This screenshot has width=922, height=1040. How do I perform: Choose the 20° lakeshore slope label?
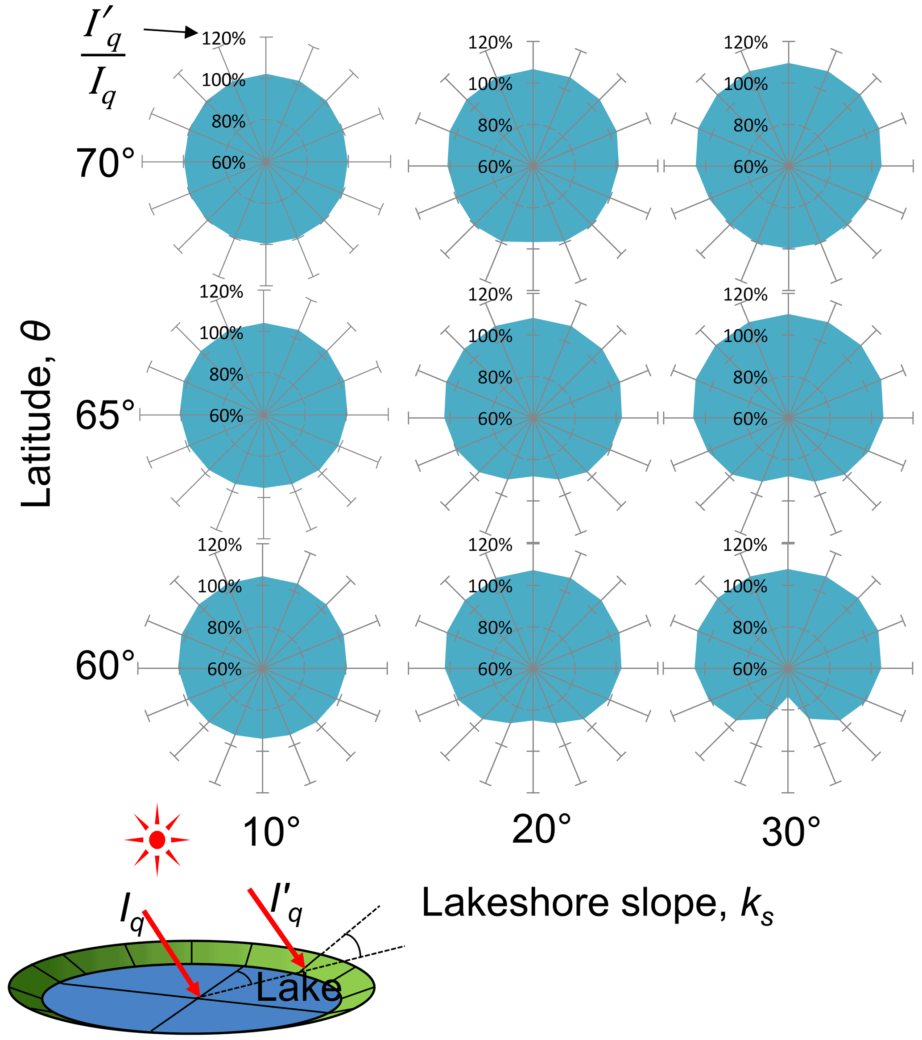(x=541, y=829)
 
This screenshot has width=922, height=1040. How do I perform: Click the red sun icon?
(x=157, y=840)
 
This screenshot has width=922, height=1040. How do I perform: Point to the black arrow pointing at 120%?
(x=170, y=32)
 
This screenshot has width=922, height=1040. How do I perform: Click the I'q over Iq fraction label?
(x=103, y=61)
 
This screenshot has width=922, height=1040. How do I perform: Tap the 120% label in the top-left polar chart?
(x=223, y=39)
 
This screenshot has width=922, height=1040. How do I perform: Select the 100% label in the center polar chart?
(x=490, y=336)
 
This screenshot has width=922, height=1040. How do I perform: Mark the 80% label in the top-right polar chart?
(x=750, y=125)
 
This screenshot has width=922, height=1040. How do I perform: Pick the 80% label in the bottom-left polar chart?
(x=224, y=628)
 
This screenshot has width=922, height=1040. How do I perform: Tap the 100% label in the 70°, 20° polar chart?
(x=490, y=84)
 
